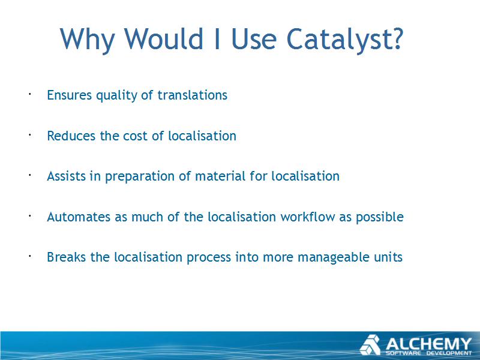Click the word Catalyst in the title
pyautogui.click(x=339, y=39)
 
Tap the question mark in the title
pyautogui.click(x=398, y=38)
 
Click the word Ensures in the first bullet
pyautogui.click(x=69, y=95)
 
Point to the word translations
pyautogui.click(x=192, y=95)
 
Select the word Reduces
pyautogui.click(x=71, y=136)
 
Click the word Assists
pyautogui.click(x=66, y=176)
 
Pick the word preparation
pyautogui.click(x=140, y=177)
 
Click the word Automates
pyautogui.click(x=79, y=217)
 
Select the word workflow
pyautogui.click(x=308, y=217)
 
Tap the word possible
pyautogui.click(x=380, y=218)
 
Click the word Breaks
pyautogui.click(x=67, y=257)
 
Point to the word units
pyautogui.click(x=388, y=257)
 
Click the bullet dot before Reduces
pyautogui.click(x=30, y=134)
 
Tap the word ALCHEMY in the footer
pyautogui.click(x=428, y=343)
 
